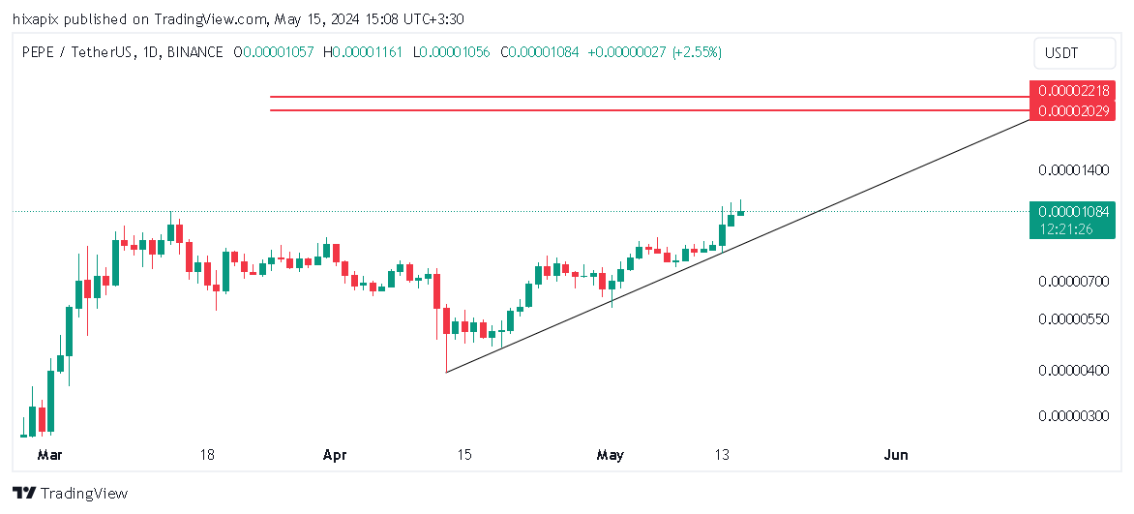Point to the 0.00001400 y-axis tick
click(x=1072, y=170)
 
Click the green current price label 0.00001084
click(x=1072, y=212)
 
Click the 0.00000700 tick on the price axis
click(x=1072, y=282)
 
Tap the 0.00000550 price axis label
click(x=1072, y=318)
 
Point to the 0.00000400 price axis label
click(x=1072, y=371)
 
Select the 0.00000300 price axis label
click(x=1072, y=416)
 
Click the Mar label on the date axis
click(x=48, y=454)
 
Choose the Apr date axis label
click(x=335, y=454)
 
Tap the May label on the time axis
click(x=611, y=454)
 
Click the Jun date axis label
click(x=896, y=454)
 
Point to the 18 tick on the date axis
click(x=206, y=454)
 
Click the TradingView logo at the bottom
click(x=71, y=494)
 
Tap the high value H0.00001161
click(x=365, y=52)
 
